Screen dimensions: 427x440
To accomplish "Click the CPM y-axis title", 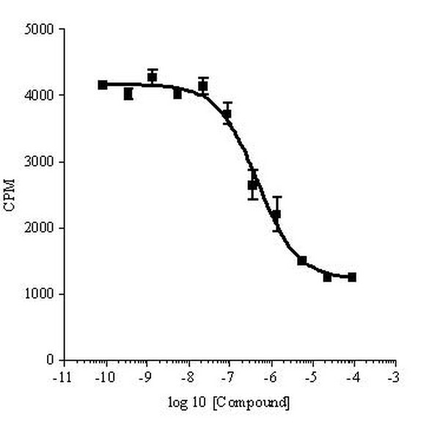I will pyautogui.click(x=9, y=195).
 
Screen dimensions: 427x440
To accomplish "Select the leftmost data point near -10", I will pyautogui.click(x=103, y=85).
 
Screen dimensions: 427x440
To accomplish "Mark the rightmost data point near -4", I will pyautogui.click(x=352, y=277).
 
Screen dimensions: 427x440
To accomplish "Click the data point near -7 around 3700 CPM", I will pyautogui.click(x=227, y=114).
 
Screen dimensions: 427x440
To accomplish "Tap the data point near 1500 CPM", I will pyautogui.click(x=302, y=260).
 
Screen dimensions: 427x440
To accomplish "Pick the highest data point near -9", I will pyautogui.click(x=153, y=76).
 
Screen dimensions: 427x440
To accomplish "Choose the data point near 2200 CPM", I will pyautogui.click(x=276, y=214).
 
